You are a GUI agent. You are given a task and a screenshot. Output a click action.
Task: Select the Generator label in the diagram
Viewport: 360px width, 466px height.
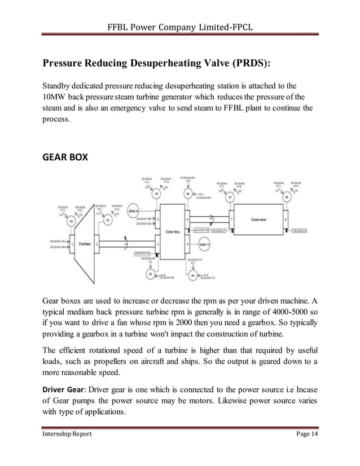[x=259, y=219]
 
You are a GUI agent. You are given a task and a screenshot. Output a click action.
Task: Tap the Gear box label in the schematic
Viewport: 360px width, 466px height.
[x=173, y=231]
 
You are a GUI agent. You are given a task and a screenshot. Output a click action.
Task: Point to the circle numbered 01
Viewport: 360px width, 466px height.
[x=71, y=222]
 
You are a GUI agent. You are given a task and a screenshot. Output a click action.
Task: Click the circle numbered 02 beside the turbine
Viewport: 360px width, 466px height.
[x=107, y=221]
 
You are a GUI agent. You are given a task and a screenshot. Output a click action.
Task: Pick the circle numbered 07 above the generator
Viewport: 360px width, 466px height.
[x=230, y=197]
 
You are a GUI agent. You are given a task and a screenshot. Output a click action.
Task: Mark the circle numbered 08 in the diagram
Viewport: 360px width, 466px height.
[x=287, y=197]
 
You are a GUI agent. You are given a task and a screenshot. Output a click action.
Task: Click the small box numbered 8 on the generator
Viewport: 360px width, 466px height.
[x=287, y=219]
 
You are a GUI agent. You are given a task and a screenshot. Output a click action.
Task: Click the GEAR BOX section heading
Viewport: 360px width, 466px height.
[x=65, y=157]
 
